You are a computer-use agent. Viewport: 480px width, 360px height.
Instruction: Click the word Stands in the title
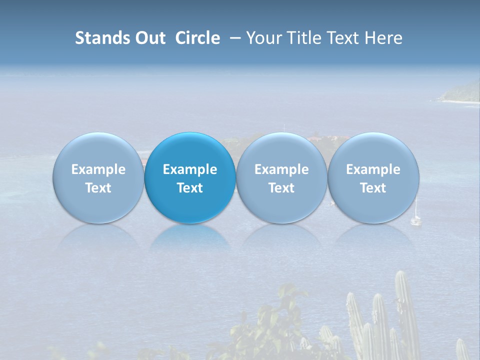point(102,38)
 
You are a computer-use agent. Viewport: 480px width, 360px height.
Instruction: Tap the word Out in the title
point(150,38)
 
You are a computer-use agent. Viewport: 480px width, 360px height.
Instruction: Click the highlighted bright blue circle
point(190,177)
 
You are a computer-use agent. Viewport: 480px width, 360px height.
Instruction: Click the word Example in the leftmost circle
point(98,169)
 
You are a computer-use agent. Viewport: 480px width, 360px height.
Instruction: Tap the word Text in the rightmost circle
point(373,188)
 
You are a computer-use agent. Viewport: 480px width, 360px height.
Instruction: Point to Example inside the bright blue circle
point(190,169)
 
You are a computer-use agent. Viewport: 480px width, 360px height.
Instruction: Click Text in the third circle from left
point(281,188)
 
